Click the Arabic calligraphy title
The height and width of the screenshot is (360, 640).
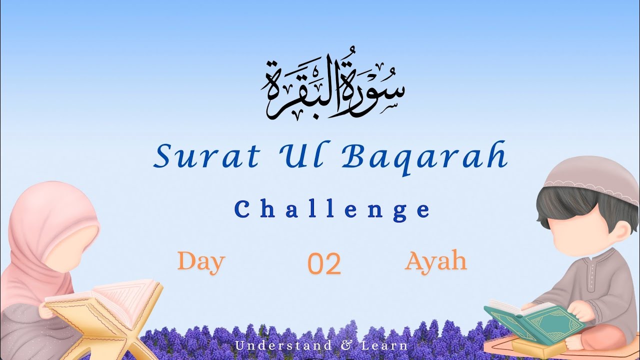coord(332,89)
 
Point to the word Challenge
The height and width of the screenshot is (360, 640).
coord(332,210)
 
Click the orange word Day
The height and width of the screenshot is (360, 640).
coord(201,261)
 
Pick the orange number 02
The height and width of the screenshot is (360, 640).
coord(324,264)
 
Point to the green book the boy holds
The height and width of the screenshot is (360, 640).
coord(537,322)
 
